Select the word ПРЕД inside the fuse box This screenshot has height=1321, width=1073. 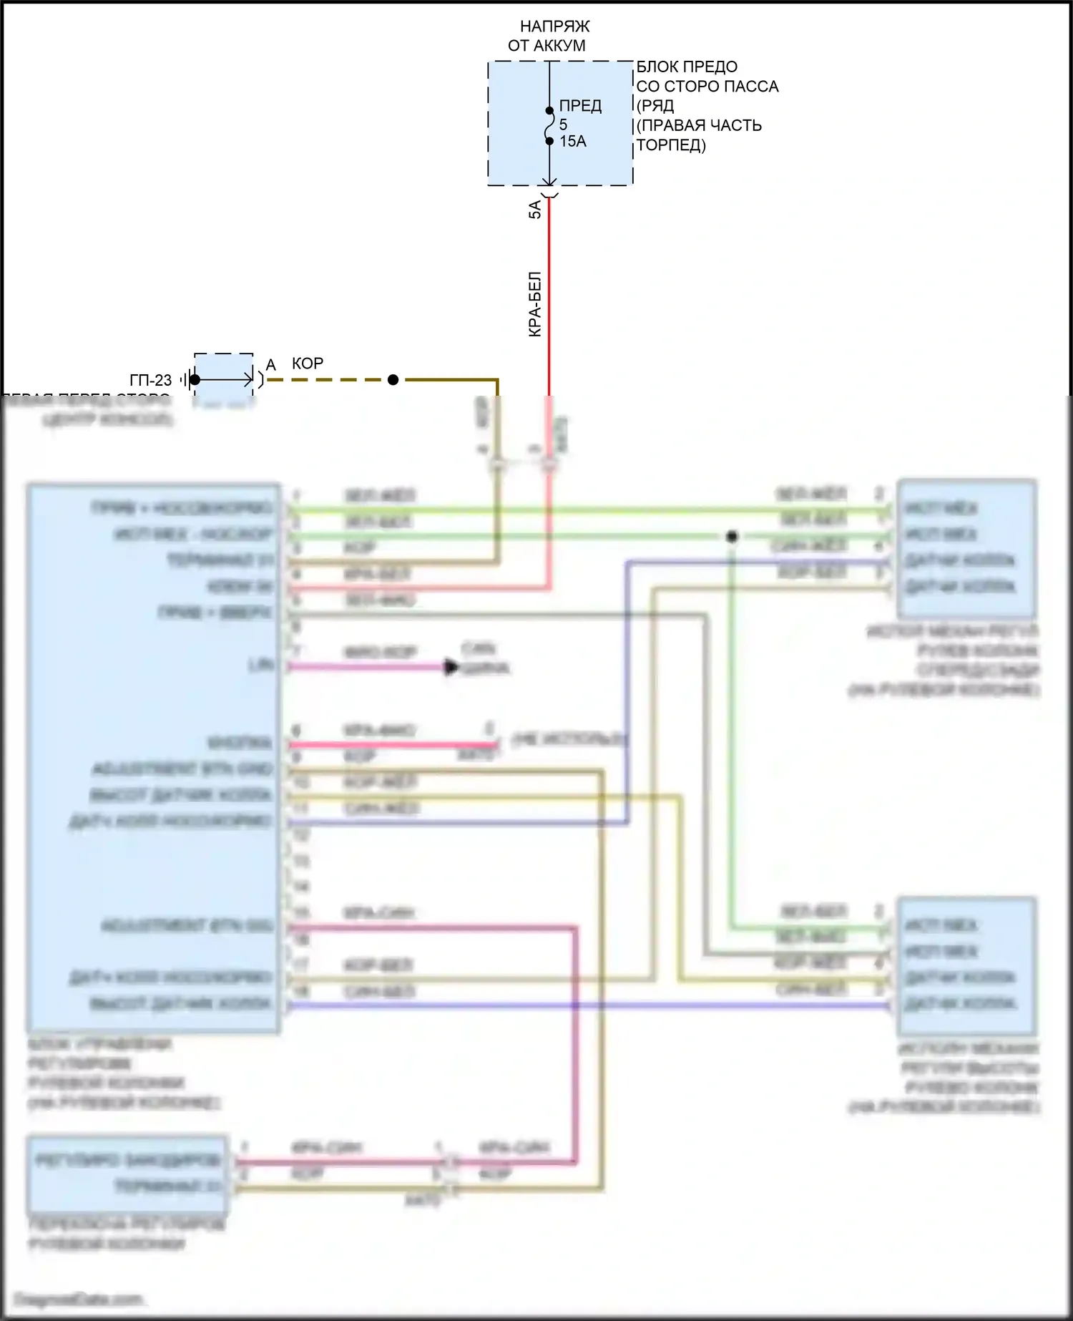pos(580,106)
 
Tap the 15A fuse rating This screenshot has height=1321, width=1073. pos(573,142)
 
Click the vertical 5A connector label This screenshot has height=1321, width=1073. pos(535,210)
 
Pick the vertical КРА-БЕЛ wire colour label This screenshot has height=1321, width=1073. pos(535,304)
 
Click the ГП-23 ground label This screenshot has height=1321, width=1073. pos(151,381)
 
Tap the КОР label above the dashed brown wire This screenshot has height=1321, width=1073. pos(308,364)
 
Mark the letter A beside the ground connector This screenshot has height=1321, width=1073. pos(270,366)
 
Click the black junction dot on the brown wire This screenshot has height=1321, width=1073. pos(393,380)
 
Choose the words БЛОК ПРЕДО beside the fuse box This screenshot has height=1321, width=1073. pos(687,67)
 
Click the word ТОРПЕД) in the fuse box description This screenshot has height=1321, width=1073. pos(671,145)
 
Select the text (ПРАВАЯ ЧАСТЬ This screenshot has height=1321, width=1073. pos(699,126)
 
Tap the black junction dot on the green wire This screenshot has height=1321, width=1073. pos(732,536)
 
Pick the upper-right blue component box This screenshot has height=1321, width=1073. pos(966,548)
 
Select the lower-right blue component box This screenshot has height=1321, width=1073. pos(966,965)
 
